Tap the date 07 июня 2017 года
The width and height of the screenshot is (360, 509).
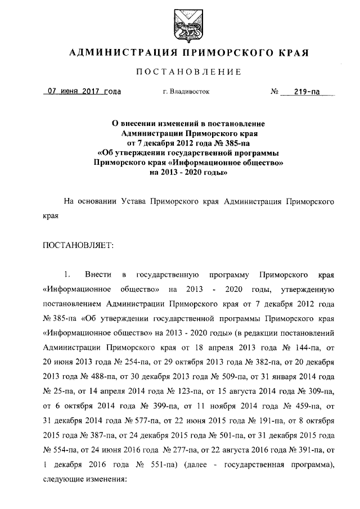point(84,91)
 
